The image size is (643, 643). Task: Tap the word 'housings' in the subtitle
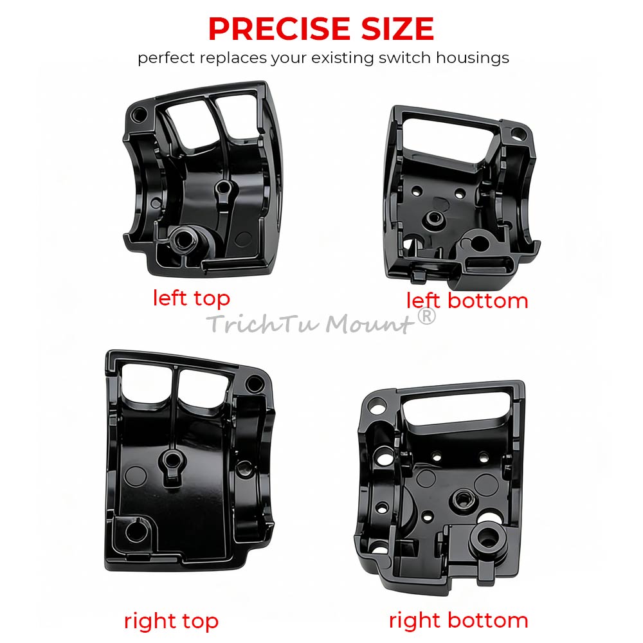click(473, 59)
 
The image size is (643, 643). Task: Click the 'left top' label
click(191, 298)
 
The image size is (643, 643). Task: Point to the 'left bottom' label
click(467, 300)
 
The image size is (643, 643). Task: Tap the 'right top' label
click(171, 621)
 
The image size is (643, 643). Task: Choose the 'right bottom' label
click(458, 620)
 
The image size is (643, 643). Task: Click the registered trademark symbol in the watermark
click(426, 316)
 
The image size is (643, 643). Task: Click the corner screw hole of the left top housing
click(138, 114)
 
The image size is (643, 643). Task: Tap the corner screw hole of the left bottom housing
click(518, 133)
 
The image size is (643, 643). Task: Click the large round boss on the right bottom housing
click(488, 538)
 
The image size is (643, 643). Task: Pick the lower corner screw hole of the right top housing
click(136, 532)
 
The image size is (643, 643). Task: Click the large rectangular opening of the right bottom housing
click(457, 409)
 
